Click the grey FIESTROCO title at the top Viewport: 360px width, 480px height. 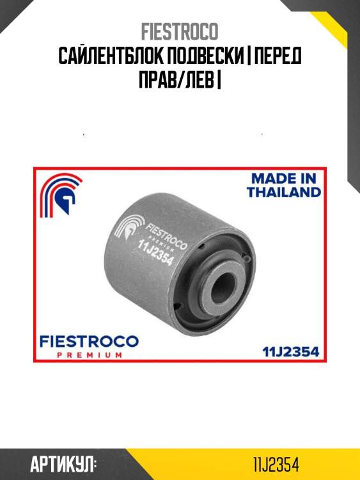180,31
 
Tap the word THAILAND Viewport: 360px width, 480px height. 284,192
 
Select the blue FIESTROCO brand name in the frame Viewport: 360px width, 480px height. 90,341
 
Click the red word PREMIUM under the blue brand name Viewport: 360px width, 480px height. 90,355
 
